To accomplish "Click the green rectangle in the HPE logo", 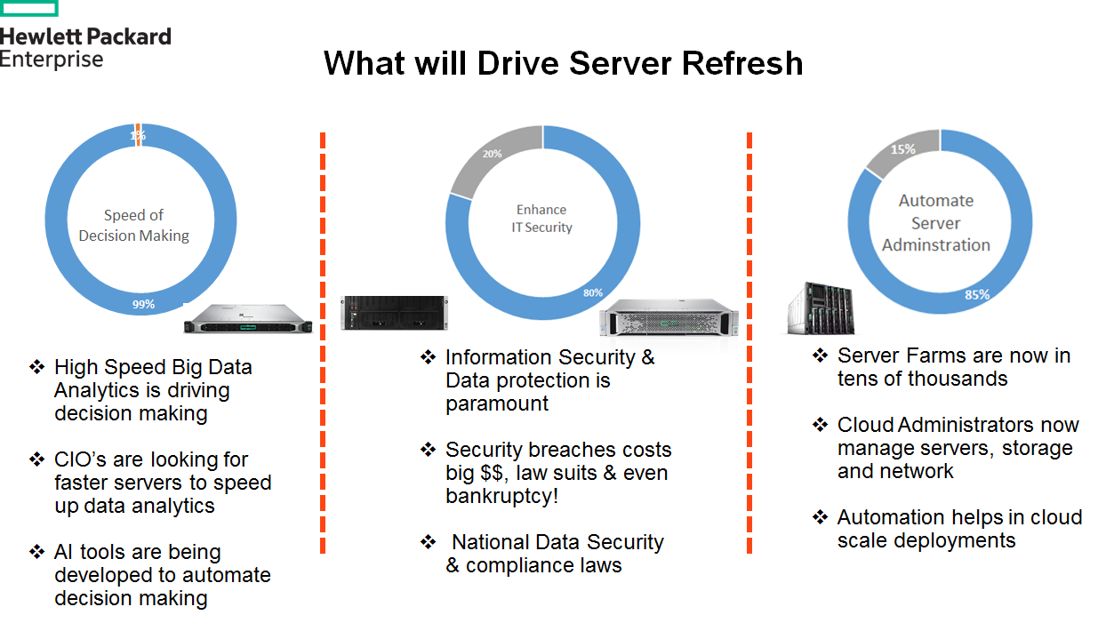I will [28, 9].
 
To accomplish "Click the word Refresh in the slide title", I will [742, 64].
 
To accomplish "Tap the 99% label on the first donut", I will [143, 304].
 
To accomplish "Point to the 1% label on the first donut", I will [138, 135].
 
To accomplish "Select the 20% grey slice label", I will [492, 154].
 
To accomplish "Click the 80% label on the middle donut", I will [593, 292].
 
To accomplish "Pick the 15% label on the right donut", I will [903, 149].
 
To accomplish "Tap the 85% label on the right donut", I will [977, 295].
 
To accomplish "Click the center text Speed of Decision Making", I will [134, 226].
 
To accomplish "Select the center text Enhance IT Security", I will [541, 219].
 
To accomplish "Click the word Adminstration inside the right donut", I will [936, 245].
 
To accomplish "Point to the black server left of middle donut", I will [394, 313].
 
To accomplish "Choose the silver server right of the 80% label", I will [669, 318].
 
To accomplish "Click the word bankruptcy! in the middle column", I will [502, 496].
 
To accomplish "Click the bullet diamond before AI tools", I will [36, 552].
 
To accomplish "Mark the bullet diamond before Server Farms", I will [821, 355].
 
